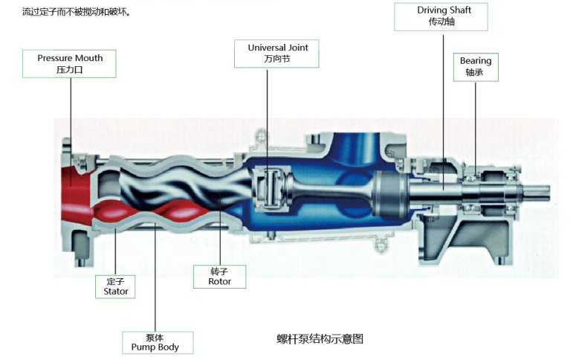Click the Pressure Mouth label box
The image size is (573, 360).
pyautogui.click(x=69, y=63)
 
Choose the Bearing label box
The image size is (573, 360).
pyautogui.click(x=476, y=66)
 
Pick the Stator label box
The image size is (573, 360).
pyautogui.click(x=116, y=286)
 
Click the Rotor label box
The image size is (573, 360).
pyautogui.click(x=219, y=276)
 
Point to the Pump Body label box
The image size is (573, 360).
pyautogui.click(x=158, y=341)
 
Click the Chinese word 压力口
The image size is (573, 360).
pyautogui.click(x=69, y=69)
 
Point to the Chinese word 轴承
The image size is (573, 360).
pyautogui.click(x=476, y=72)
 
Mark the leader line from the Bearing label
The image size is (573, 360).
pyautogui.click(x=476, y=126)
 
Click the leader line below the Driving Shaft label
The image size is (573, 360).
pyautogui.click(x=443, y=97)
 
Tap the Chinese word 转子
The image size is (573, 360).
pyautogui.click(x=219, y=271)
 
